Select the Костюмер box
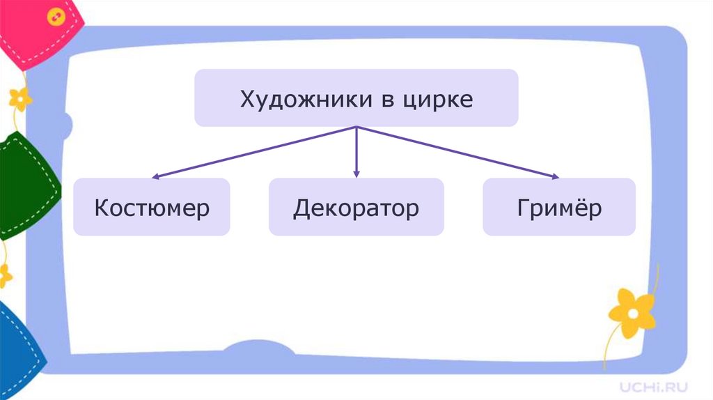point(152,207)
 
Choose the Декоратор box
point(356,207)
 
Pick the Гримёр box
point(559,207)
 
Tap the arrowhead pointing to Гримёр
point(555,177)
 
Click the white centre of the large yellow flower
point(632,311)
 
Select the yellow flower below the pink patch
point(20,98)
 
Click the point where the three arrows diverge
point(356,128)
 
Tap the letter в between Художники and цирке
point(386,99)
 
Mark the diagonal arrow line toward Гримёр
point(460,153)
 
